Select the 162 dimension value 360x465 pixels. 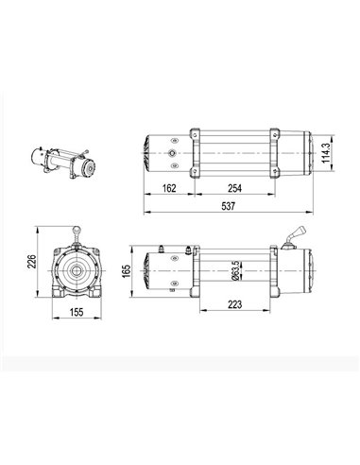tap(170, 187)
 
